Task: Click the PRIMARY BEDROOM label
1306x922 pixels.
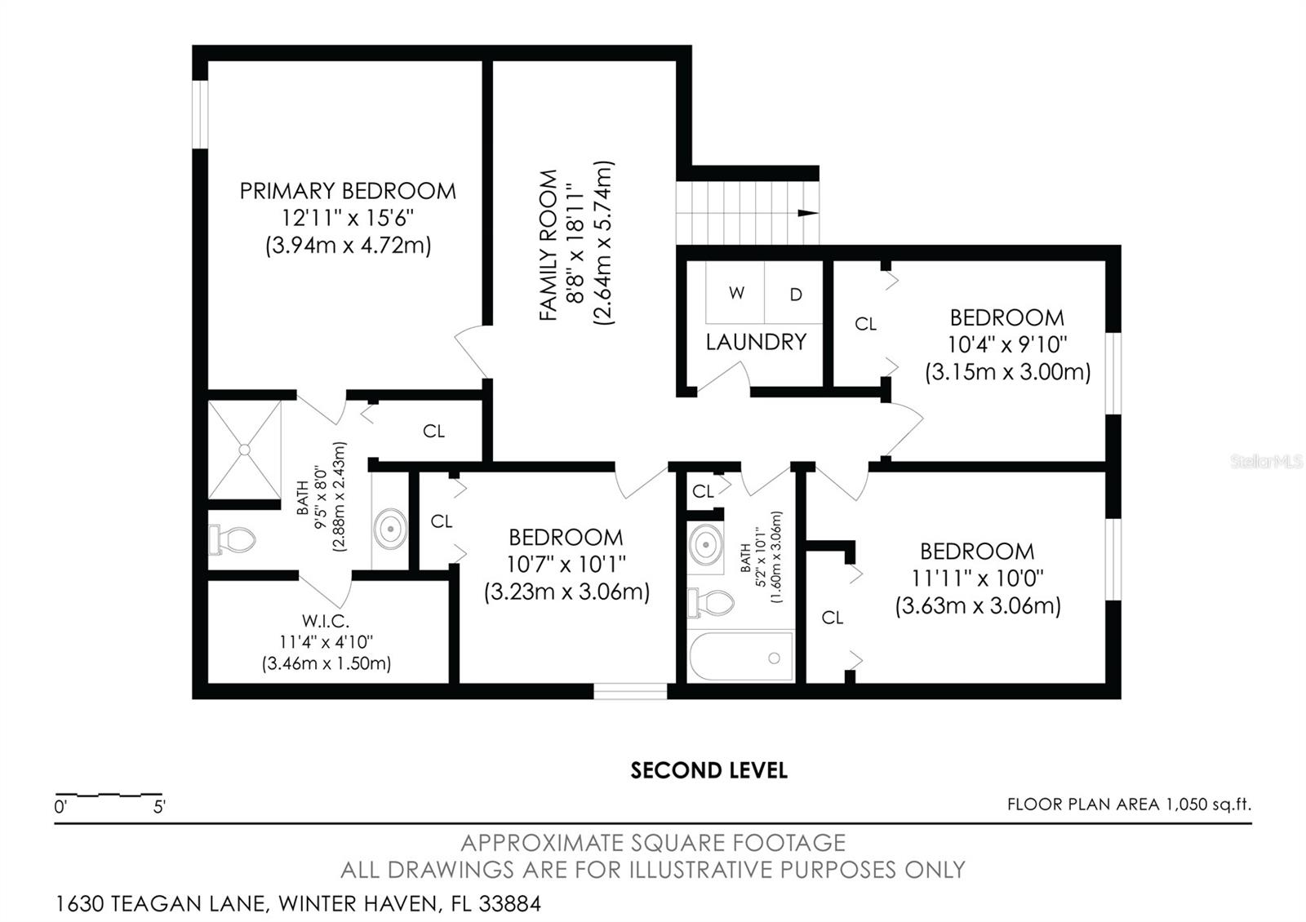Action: click(x=347, y=191)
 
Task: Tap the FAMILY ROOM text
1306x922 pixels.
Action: click(x=549, y=245)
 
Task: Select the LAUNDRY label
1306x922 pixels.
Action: click(x=756, y=342)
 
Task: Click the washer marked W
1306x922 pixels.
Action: click(x=736, y=293)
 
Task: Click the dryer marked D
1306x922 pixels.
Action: click(x=796, y=295)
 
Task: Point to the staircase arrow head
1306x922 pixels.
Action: click(x=807, y=213)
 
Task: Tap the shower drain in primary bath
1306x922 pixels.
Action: click(x=244, y=449)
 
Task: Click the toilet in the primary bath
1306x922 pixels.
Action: click(x=232, y=539)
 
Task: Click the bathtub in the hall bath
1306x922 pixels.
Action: click(x=741, y=658)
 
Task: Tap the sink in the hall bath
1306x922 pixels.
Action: click(x=705, y=542)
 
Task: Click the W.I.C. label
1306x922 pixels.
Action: click(x=326, y=621)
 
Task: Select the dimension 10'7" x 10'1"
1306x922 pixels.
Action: click(x=566, y=564)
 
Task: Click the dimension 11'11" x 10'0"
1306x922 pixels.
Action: click(x=978, y=578)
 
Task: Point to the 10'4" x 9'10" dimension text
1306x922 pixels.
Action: click(x=1007, y=344)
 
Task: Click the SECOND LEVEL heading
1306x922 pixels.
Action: click(x=709, y=770)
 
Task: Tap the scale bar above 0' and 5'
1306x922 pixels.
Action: click(x=108, y=794)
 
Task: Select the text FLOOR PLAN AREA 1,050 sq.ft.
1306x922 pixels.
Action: click(x=1129, y=805)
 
